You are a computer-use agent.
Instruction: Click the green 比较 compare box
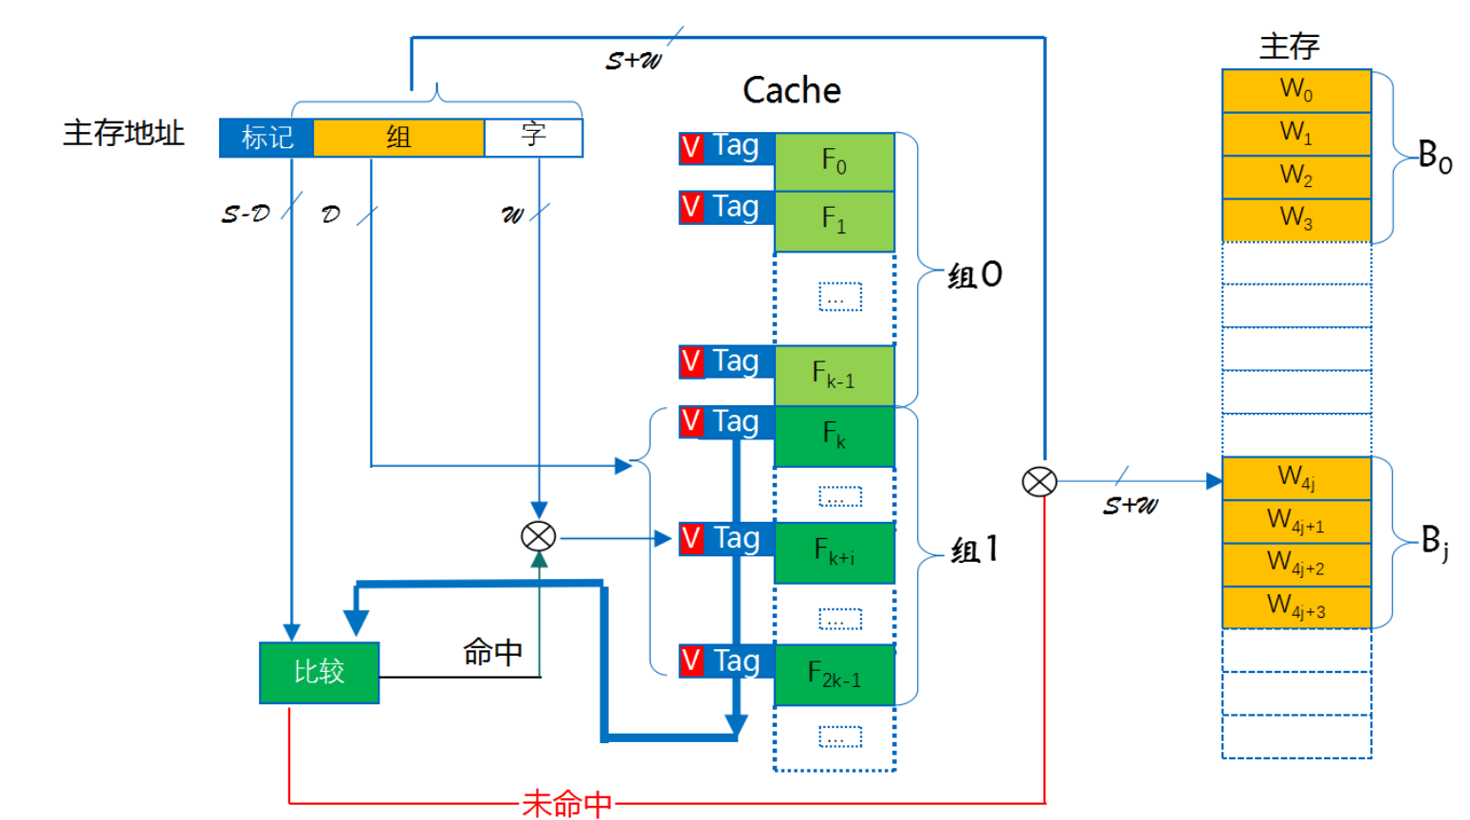point(319,672)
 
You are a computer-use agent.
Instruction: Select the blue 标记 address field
point(266,138)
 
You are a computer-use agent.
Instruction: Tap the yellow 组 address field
point(398,138)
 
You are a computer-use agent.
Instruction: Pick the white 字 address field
point(533,136)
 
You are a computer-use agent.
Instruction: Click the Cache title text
point(791,90)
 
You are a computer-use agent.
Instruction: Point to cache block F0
point(835,162)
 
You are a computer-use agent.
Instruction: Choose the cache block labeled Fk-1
point(835,375)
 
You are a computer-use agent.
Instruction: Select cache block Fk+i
point(835,551)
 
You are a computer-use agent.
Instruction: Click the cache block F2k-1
point(835,675)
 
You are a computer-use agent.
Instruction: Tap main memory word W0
point(1296,90)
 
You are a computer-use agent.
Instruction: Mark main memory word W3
point(1296,219)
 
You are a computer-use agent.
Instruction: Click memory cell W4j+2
point(1296,564)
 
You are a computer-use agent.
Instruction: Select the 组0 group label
point(975,275)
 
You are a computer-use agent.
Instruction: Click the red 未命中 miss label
point(567,804)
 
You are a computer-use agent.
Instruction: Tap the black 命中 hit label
point(492,652)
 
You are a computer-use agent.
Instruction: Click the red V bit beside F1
point(691,208)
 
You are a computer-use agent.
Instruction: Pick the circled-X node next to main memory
point(1039,482)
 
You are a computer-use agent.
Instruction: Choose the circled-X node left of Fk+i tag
point(539,537)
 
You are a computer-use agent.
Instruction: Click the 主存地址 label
point(123,133)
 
